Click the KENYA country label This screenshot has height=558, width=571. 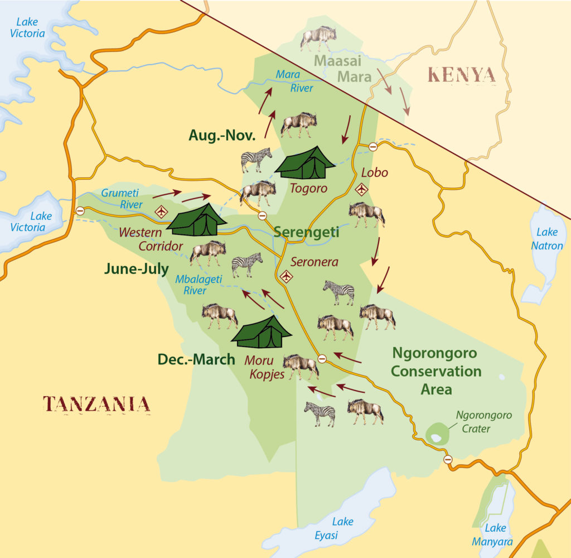(461, 75)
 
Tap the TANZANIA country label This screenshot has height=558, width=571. (96, 403)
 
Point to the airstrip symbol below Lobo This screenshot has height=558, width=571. (362, 189)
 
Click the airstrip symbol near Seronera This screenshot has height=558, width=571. (287, 276)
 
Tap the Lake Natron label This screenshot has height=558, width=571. (549, 238)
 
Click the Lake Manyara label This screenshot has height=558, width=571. (495, 534)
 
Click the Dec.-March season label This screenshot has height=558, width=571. (196, 359)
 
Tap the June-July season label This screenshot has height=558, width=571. (136, 269)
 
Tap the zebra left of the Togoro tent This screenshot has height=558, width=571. (256, 160)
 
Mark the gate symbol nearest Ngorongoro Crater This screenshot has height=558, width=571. (448, 459)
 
